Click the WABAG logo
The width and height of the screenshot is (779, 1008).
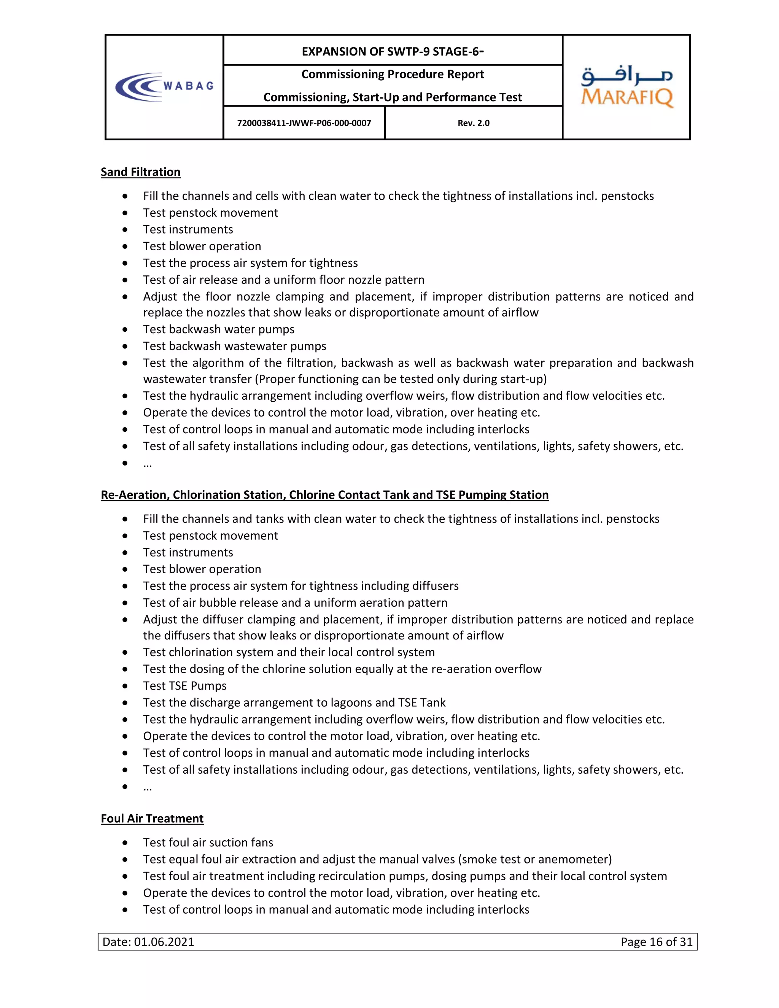(164, 87)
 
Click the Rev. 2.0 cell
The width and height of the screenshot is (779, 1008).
(474, 123)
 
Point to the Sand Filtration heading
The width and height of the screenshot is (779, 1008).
(140, 172)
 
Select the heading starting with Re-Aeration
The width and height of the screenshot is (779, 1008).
(324, 495)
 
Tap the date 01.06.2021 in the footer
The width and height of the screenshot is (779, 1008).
(164, 941)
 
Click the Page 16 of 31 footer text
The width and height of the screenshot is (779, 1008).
(656, 941)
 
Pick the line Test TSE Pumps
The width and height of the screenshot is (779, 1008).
(184, 686)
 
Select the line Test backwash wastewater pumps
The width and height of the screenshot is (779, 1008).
(234, 346)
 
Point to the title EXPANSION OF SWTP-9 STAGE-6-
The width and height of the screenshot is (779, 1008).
(392, 51)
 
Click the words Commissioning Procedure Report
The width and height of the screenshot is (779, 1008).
(392, 74)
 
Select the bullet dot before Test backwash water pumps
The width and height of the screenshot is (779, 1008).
(125, 329)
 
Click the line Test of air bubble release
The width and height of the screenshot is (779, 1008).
(295, 603)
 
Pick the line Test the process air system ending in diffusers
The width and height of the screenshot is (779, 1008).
(300, 586)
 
